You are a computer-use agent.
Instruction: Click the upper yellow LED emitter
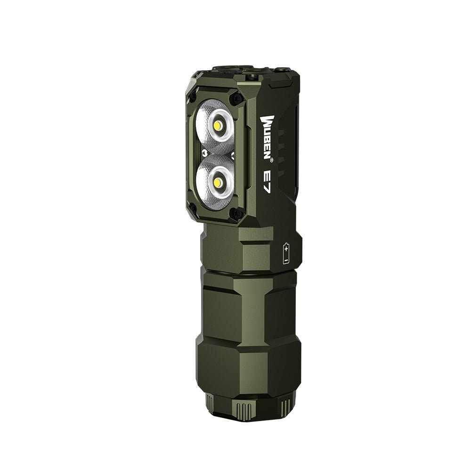coord(218,126)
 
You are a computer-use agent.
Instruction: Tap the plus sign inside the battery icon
coord(286,248)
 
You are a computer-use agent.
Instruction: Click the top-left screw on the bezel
coord(193,97)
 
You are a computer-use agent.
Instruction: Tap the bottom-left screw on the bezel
coord(193,208)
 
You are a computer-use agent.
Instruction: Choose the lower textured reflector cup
coord(214,181)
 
